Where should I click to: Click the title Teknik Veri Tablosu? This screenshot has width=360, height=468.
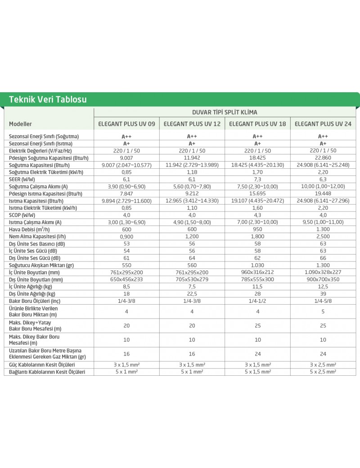click(x=48, y=99)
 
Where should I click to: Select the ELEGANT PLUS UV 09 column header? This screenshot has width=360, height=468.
click(x=126, y=123)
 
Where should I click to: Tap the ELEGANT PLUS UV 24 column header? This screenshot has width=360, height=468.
click(x=323, y=123)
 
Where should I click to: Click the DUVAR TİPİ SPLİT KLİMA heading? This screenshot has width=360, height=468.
click(x=225, y=112)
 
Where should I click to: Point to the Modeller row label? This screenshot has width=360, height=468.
click(x=20, y=123)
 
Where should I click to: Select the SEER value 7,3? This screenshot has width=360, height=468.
click(x=257, y=179)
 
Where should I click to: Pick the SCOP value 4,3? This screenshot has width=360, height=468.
click(x=257, y=215)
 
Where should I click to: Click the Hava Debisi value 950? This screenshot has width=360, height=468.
click(x=257, y=229)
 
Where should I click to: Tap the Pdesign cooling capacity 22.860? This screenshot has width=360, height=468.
click(x=323, y=157)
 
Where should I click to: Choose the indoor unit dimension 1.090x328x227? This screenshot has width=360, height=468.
click(x=323, y=272)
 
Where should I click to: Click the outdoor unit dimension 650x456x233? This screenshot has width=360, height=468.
click(x=126, y=279)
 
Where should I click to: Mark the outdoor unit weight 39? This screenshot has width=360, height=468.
click(x=323, y=294)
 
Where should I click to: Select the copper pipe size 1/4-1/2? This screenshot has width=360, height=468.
click(x=257, y=301)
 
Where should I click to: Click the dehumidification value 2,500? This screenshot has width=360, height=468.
click(x=323, y=237)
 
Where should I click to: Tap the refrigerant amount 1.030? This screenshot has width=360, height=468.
click(x=257, y=265)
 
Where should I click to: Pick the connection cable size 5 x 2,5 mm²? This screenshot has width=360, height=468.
click(x=323, y=372)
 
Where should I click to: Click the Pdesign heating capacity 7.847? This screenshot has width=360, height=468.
click(x=126, y=193)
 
